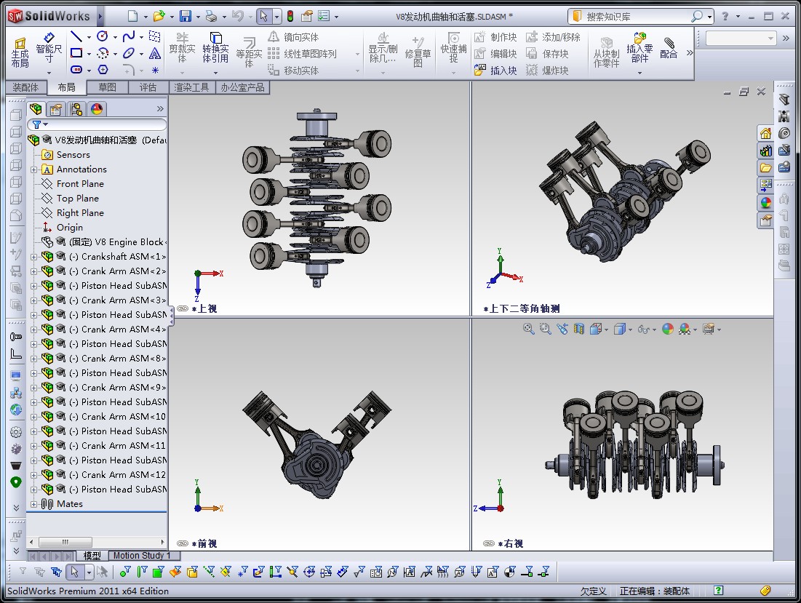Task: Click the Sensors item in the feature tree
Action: click(73, 155)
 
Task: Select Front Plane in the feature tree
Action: click(80, 184)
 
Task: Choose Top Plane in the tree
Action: click(77, 199)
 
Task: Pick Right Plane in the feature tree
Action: click(80, 213)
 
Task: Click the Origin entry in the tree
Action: click(70, 228)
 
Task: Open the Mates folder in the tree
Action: click(70, 504)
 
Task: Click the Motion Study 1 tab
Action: click(142, 556)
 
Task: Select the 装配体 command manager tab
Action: click(25, 87)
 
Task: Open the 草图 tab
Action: click(107, 87)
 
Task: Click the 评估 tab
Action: click(148, 87)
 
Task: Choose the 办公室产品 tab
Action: click(244, 87)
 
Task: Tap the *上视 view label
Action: click(204, 308)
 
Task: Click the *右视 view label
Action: click(510, 543)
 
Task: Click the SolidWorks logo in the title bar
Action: click(49, 16)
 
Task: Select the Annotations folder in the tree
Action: click(81, 169)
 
